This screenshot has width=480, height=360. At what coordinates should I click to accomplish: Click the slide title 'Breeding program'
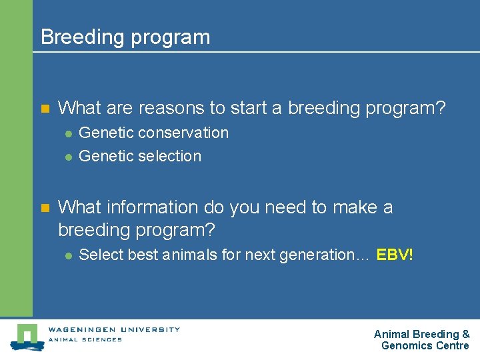point(125,37)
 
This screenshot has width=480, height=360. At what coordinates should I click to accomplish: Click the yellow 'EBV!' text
point(395,255)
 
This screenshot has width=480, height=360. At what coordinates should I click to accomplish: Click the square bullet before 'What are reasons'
point(45,108)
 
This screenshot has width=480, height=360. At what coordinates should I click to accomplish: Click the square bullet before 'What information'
point(45,208)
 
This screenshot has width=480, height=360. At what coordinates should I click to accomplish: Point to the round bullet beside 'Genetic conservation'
point(68,133)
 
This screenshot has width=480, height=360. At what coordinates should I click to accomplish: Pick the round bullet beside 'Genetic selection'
point(68,157)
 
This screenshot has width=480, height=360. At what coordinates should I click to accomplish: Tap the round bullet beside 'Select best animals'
point(68,255)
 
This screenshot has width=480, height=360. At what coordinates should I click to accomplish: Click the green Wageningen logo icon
point(27,336)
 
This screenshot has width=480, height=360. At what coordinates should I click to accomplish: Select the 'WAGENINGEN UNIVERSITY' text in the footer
point(113,329)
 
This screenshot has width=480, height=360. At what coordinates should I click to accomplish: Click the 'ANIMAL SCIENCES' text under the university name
point(85,339)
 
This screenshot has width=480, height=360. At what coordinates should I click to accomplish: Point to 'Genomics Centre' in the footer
point(425,345)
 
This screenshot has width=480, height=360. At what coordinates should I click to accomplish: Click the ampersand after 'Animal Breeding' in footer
point(465,334)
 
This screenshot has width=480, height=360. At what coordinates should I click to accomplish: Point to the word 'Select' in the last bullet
point(97,255)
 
